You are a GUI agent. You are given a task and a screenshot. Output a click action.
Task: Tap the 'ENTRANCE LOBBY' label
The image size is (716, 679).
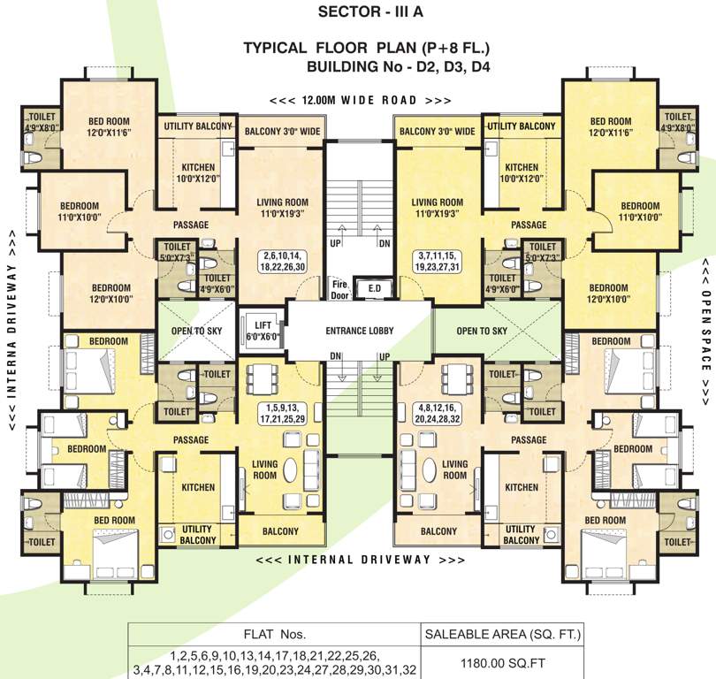[x=359, y=332]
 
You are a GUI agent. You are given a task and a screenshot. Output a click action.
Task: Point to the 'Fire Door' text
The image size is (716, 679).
[x=337, y=286]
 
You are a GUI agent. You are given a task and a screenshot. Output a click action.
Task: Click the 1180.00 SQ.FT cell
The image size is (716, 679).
[x=501, y=660]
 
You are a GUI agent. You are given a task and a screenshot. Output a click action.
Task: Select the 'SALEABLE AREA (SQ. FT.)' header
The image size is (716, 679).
[x=501, y=634]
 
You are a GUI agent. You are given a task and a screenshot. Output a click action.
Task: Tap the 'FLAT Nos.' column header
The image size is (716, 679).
[x=273, y=634]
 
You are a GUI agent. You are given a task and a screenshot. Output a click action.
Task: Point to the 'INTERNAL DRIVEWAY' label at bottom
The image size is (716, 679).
[x=360, y=560]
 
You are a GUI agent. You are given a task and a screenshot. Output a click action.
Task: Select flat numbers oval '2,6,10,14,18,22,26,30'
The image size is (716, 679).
[x=283, y=260]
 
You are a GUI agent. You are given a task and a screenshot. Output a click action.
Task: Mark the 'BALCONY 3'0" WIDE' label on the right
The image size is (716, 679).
[x=437, y=132]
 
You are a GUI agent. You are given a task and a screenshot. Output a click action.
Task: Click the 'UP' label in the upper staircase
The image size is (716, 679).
[x=336, y=241]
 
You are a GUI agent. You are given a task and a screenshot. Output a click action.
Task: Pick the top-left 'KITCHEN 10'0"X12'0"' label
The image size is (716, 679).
[x=198, y=172]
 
